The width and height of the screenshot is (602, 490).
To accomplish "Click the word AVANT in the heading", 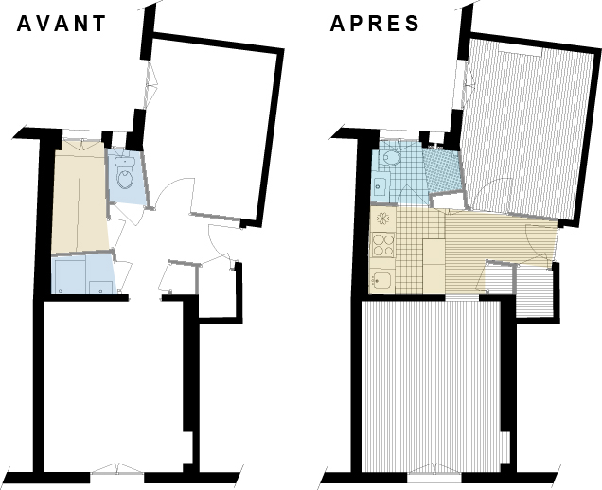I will [x=62, y=24].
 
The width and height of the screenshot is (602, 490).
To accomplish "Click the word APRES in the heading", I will [x=375, y=24].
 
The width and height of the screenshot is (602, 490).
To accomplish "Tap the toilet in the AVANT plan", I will [x=124, y=178].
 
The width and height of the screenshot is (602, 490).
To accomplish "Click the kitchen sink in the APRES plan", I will [x=381, y=279].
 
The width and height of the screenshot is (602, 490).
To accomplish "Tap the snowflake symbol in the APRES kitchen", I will [x=382, y=218].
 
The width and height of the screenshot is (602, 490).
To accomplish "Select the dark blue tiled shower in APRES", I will [x=440, y=170].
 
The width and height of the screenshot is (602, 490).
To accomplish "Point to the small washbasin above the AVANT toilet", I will [x=121, y=159].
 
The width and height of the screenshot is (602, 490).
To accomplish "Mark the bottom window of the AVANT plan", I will [x=117, y=469].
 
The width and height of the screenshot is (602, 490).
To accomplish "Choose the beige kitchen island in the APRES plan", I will [x=433, y=265].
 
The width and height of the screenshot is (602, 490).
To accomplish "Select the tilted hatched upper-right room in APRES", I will [x=519, y=123].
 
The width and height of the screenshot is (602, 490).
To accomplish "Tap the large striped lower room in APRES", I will [x=432, y=383].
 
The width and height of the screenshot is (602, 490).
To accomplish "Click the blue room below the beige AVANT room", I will [x=83, y=275].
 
